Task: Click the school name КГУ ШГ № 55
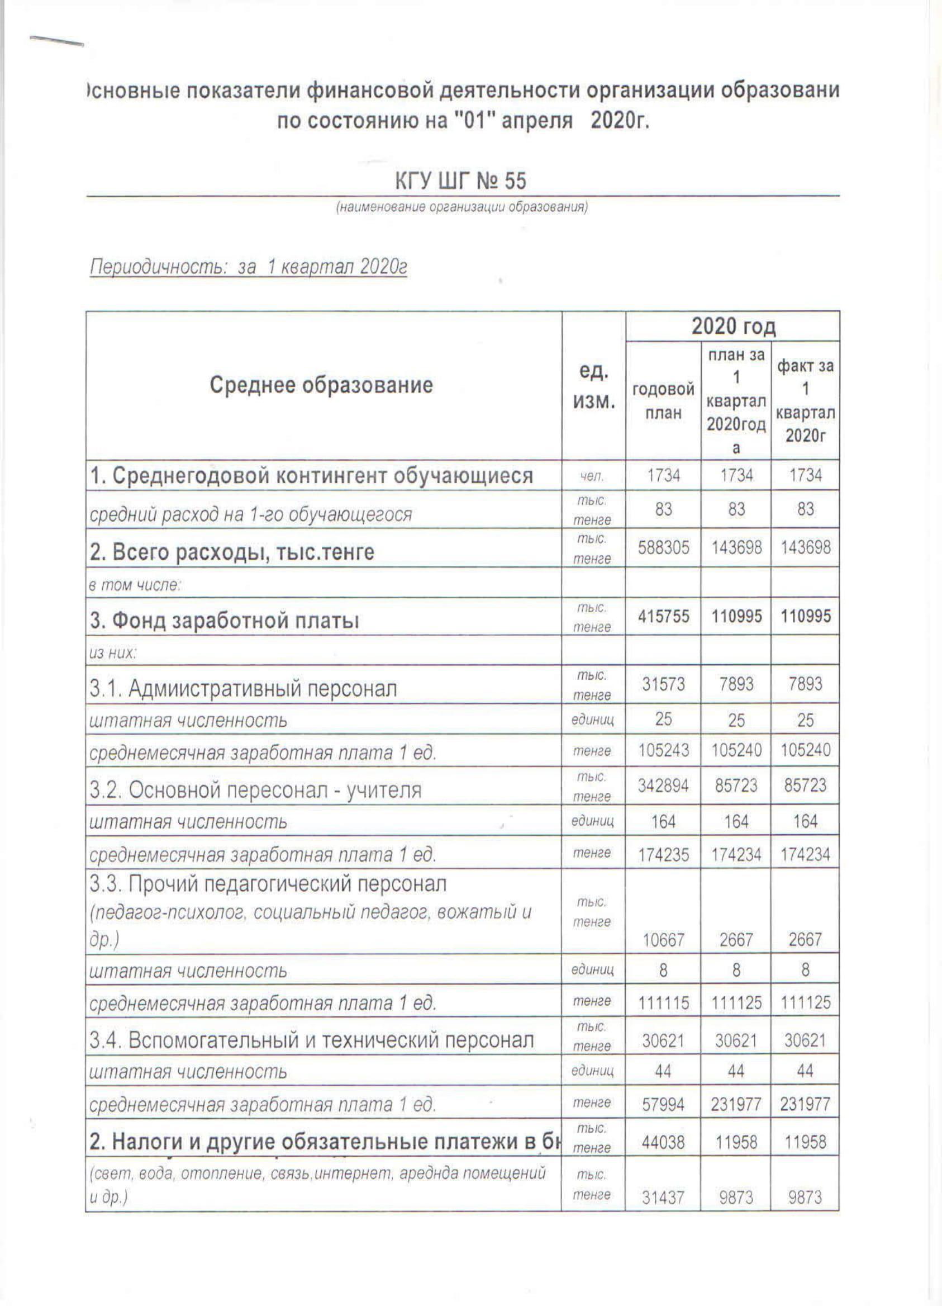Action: pos(460,181)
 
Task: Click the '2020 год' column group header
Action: pos(733,326)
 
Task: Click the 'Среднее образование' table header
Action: pos(321,385)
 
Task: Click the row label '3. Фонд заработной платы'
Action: pos(225,621)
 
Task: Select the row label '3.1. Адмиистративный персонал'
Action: pos(243,688)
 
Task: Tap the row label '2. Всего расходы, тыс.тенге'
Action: pos(232,552)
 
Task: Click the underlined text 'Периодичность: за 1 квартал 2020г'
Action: pos(249,268)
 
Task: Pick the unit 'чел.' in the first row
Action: pos(593,476)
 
